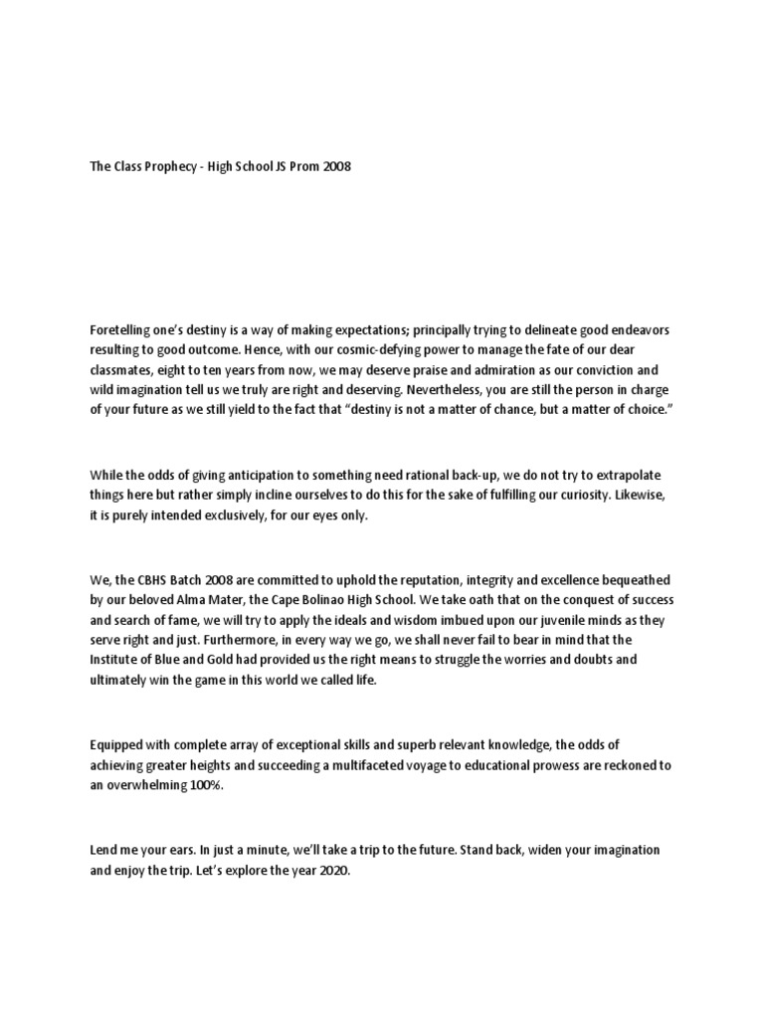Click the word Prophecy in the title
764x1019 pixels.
[162, 167]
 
